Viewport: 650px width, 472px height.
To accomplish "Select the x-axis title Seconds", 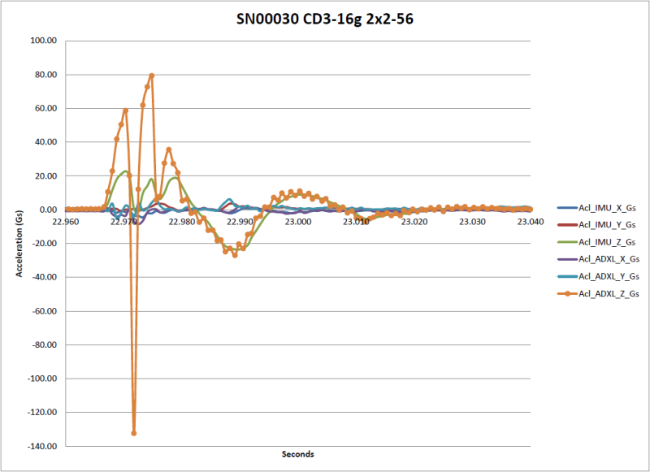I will click(x=297, y=453).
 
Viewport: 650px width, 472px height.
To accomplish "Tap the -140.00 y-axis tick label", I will click(x=40, y=446).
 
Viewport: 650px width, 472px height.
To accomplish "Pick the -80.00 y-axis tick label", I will click(x=41, y=344).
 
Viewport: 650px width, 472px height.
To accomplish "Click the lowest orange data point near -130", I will click(x=134, y=433).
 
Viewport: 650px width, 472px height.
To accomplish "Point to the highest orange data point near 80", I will click(x=151, y=76).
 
